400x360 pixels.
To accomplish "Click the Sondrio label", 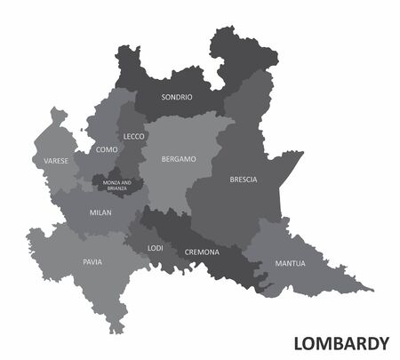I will coord(175,97).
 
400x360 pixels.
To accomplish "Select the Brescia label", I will coord(243,180).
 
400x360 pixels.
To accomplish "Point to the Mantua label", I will coord(290,264).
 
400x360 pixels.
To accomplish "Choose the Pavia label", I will coord(92,263).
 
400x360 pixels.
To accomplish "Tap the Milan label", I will coord(100,213).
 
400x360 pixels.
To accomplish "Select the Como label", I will coord(106,150).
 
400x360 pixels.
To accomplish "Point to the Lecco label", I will coord(133,137).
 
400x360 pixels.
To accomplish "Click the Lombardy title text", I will coord(340,342).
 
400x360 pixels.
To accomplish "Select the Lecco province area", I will coord(132,120).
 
